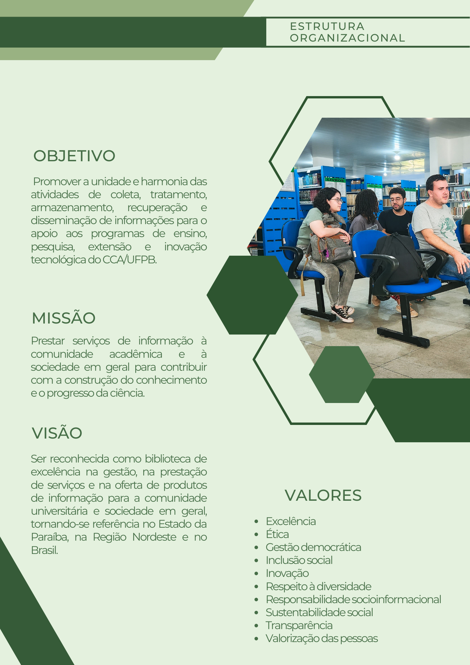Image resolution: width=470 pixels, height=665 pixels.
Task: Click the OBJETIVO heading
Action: pyautogui.click(x=74, y=156)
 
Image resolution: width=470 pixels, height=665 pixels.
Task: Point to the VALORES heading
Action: pyautogui.click(x=323, y=495)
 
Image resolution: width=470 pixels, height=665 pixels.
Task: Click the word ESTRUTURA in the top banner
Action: pyautogui.click(x=327, y=26)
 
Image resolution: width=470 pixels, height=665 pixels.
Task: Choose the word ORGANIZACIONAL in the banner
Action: pyautogui.click(x=347, y=38)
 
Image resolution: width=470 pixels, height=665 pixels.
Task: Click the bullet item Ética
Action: pyautogui.click(x=277, y=534)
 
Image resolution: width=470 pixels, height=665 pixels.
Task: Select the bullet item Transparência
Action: pyautogui.click(x=299, y=625)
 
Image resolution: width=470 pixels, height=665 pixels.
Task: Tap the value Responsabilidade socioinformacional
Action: pyautogui.click(x=353, y=599)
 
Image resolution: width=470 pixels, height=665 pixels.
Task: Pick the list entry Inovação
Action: pyautogui.click(x=287, y=574)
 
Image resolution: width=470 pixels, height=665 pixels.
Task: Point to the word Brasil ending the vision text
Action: pyautogui.click(x=45, y=550)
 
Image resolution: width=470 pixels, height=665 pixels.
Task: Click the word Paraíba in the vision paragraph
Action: pyautogui.click(x=50, y=537)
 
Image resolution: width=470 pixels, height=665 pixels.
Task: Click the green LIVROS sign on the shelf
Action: pyautogui.click(x=335, y=180)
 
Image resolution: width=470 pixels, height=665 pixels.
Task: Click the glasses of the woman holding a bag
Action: pyautogui.click(x=336, y=200)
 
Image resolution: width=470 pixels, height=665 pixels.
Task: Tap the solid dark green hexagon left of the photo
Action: pyautogui.click(x=252, y=295)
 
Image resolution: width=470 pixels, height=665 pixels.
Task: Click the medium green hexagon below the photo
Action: pyautogui.click(x=342, y=374)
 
